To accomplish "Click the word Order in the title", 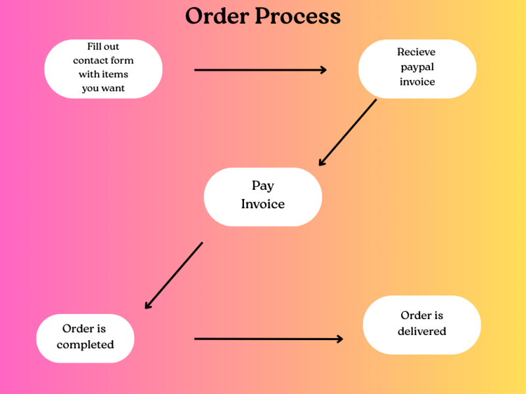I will [x=216, y=16].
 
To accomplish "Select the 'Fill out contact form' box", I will [x=103, y=68].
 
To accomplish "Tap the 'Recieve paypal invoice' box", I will [x=417, y=68].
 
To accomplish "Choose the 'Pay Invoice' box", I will [x=262, y=196].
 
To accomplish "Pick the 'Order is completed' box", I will [x=85, y=338].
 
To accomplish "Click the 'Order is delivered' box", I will [x=421, y=324].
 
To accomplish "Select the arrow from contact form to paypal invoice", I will [x=260, y=70].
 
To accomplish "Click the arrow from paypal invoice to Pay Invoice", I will [x=348, y=132].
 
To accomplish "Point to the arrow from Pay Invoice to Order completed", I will [x=174, y=275].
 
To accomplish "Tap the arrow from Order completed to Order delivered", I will [x=268, y=339].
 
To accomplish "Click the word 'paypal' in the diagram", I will [x=417, y=67].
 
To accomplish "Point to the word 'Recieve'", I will [x=416, y=52].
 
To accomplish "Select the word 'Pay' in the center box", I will [x=262, y=186].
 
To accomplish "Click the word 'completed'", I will [x=85, y=345].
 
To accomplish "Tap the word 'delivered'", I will [x=421, y=332].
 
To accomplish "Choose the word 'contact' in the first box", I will [x=90, y=60].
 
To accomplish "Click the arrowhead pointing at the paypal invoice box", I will [x=323, y=70].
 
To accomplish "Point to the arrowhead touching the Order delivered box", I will [x=339, y=339].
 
